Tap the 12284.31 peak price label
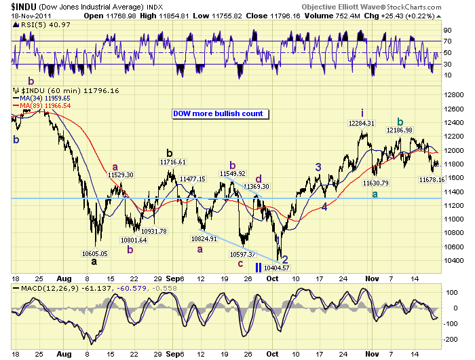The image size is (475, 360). coord(362,124)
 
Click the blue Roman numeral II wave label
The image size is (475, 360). coord(259,267)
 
